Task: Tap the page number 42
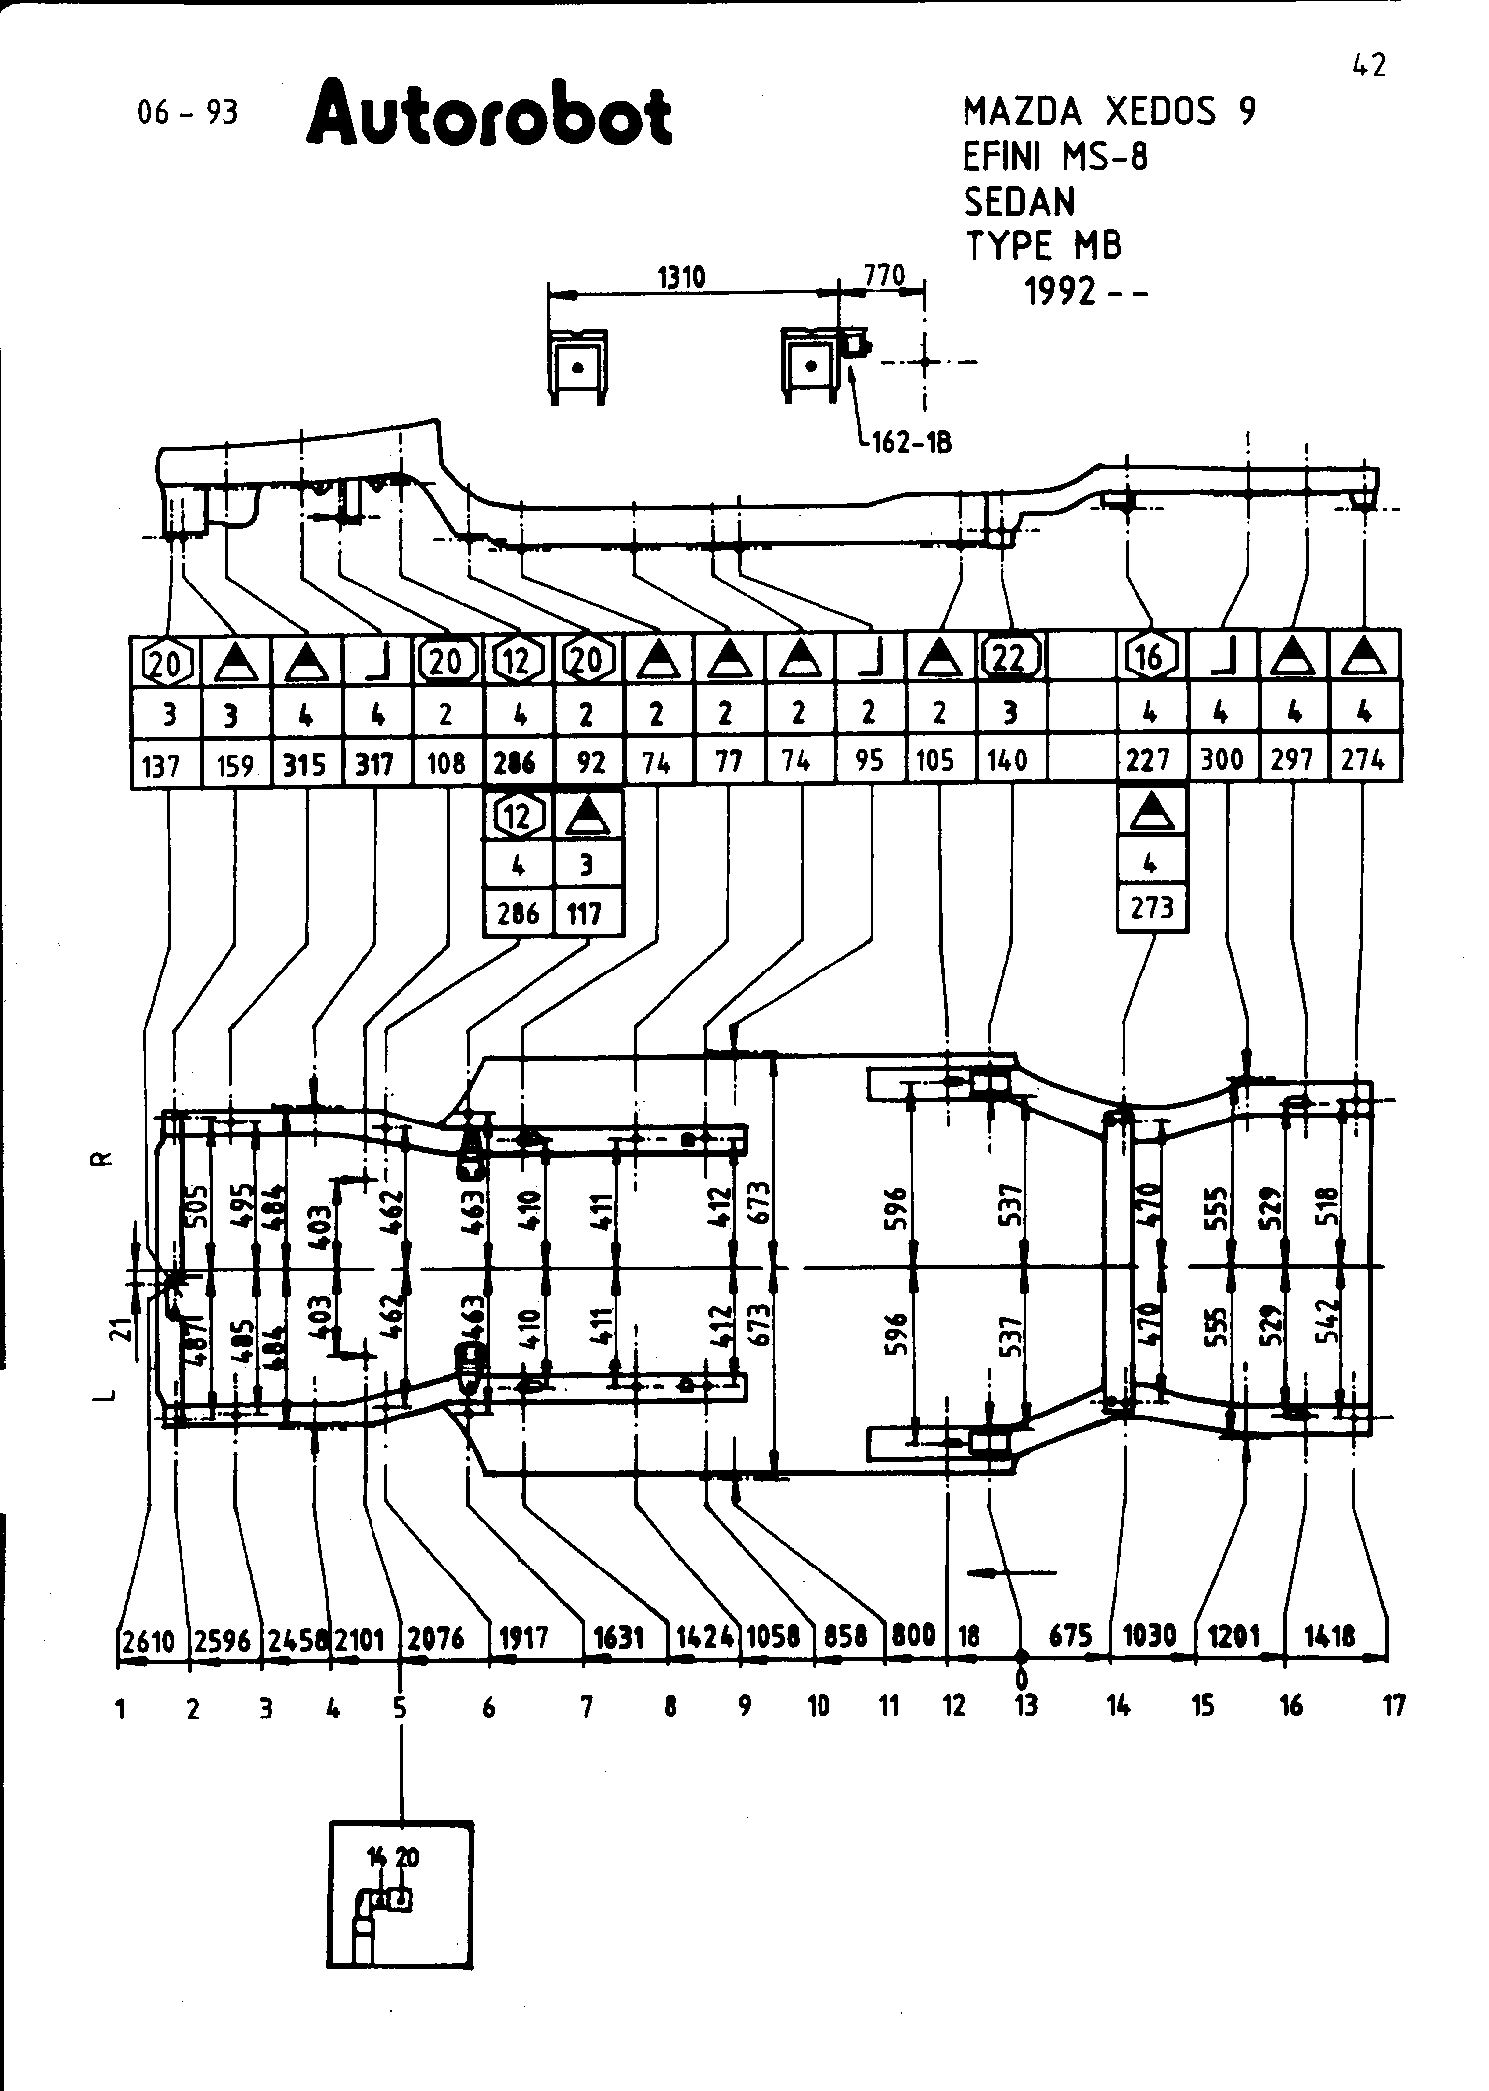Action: (1368, 66)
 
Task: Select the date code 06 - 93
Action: (189, 113)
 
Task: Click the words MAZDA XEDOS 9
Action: (1109, 111)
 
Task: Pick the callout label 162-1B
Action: (911, 442)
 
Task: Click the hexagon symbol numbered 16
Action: (1150, 657)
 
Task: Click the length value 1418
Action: (1331, 1636)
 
